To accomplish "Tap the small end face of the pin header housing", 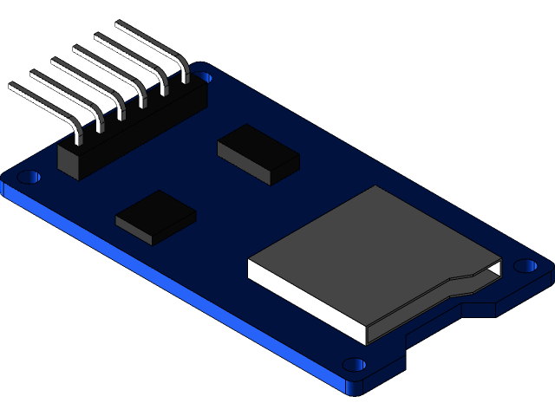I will tap(70, 163).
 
